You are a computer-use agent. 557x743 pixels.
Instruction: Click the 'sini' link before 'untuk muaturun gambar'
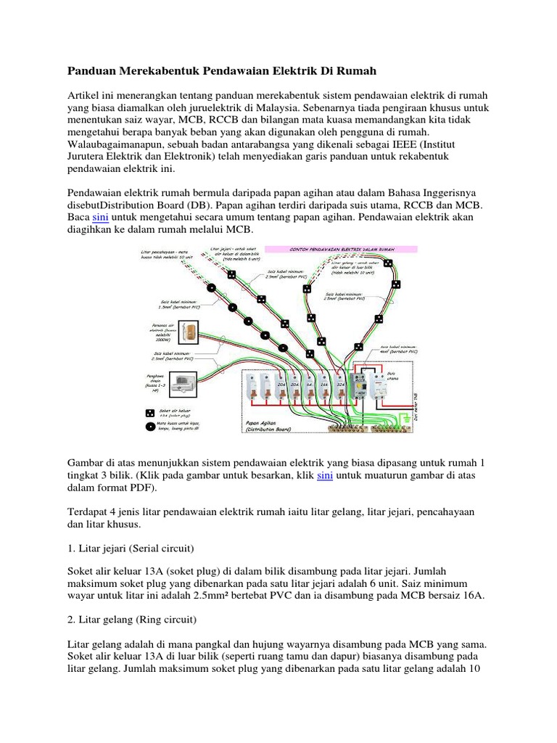pyautogui.click(x=324, y=475)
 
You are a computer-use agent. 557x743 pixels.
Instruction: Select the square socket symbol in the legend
pyautogui.click(x=149, y=412)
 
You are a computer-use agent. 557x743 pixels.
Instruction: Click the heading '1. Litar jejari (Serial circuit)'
pyautogui.click(x=137, y=543)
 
